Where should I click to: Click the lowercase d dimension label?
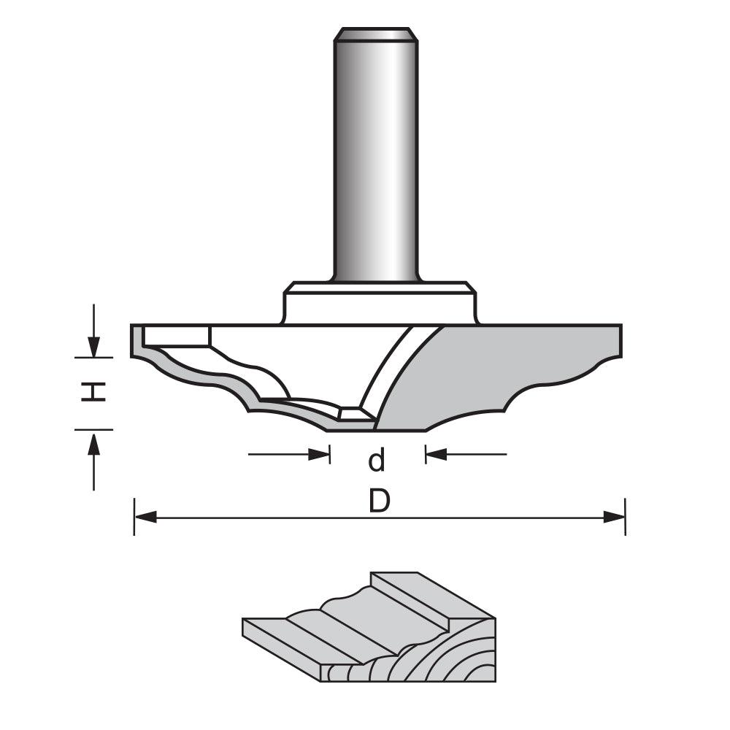[376, 461]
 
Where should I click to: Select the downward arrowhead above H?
[93, 346]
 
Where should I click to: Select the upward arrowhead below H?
[93, 441]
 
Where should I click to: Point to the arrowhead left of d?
[321, 455]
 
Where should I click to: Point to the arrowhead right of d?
[435, 455]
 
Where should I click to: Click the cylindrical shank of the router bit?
[376, 161]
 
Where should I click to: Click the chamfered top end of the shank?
[376, 34]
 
